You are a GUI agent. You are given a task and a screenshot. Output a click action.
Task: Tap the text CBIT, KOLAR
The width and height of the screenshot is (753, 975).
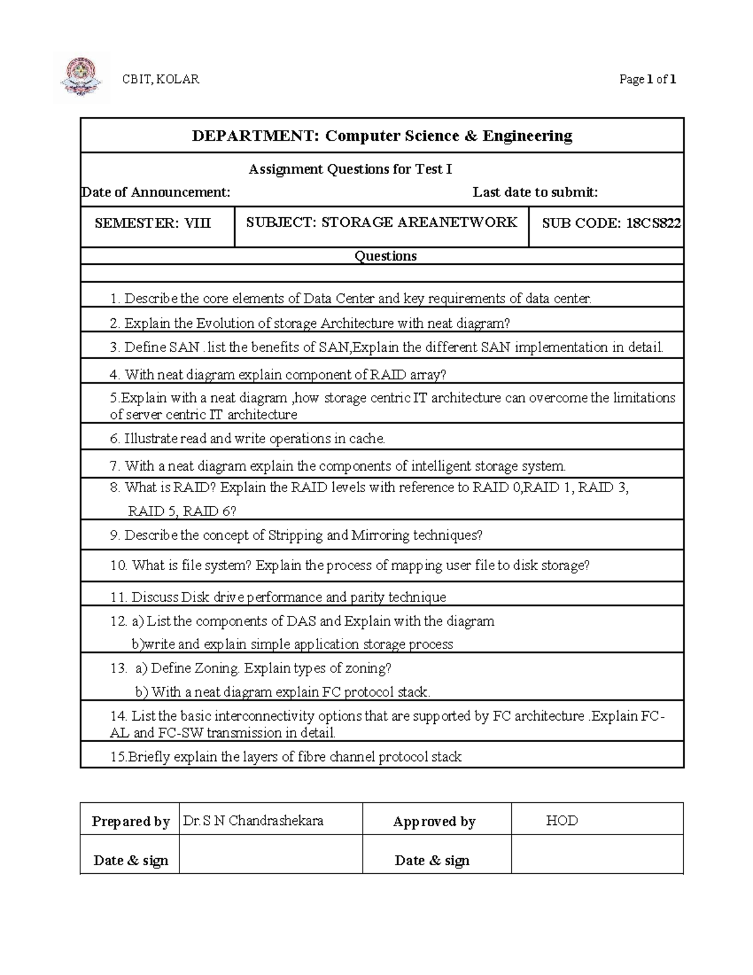tap(160, 79)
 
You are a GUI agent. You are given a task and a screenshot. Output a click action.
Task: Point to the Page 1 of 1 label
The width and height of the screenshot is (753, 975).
tap(647, 80)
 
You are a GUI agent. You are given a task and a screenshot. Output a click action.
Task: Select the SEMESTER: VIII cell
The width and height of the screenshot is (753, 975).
tap(152, 223)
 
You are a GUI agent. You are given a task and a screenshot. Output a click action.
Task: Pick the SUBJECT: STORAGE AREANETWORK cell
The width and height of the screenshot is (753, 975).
tap(382, 222)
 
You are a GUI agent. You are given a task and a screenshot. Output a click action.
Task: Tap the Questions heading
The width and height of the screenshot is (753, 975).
tap(385, 256)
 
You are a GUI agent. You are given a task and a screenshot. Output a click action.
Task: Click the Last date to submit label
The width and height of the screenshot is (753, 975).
tap(535, 192)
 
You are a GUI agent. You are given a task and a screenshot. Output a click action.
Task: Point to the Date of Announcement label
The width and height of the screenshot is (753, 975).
tap(156, 192)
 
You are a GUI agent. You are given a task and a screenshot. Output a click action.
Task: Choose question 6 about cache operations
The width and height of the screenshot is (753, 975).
tap(247, 439)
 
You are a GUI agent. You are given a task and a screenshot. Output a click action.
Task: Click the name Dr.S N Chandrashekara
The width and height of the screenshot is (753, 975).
tap(254, 821)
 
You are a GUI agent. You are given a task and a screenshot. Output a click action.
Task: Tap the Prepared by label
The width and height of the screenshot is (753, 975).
tap(131, 822)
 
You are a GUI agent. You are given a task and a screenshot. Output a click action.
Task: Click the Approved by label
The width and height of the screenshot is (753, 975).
tap(434, 822)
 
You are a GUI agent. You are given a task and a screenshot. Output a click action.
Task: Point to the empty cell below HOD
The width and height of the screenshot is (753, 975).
tap(596, 855)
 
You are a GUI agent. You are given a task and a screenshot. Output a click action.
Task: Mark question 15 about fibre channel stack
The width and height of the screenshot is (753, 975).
tap(286, 757)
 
